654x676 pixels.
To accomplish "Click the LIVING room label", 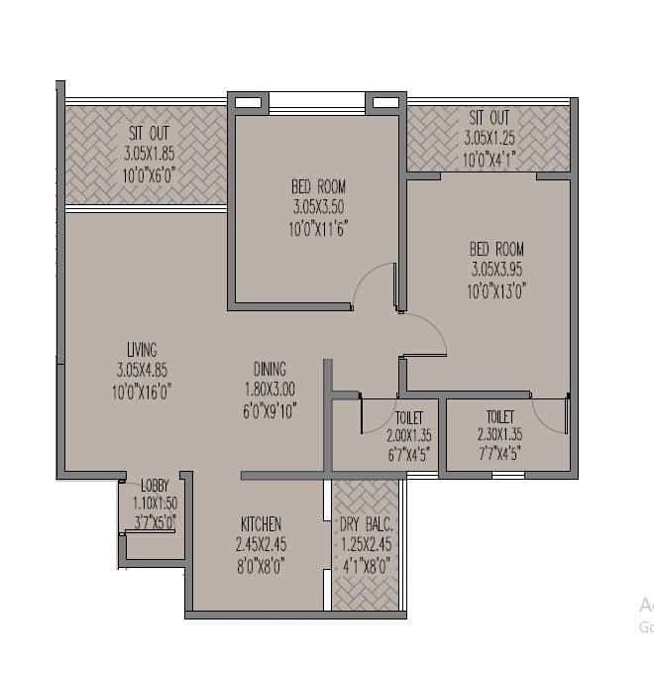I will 142,349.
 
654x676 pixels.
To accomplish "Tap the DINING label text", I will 271,366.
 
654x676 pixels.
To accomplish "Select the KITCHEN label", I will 261,523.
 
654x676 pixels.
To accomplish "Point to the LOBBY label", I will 156,486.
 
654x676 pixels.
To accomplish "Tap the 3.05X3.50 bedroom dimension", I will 319,207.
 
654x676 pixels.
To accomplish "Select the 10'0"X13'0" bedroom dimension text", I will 497,291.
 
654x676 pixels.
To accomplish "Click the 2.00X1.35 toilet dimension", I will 409,435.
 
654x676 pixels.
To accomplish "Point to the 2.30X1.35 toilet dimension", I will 499,435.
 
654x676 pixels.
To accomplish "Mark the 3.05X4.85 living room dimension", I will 142,371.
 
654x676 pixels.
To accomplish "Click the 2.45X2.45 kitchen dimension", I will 261,544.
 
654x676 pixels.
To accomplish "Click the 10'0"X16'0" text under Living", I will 142,392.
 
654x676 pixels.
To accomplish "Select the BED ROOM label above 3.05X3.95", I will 497,249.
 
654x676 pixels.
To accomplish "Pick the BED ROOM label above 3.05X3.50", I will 319,186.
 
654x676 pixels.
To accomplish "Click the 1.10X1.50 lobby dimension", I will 156,503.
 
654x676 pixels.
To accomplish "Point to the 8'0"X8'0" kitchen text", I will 261,566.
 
